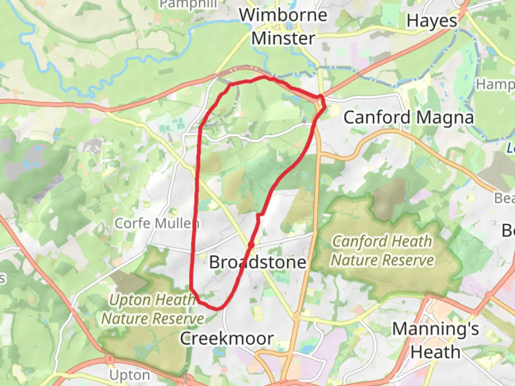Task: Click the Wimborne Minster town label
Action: click(283, 26)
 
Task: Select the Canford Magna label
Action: click(408, 117)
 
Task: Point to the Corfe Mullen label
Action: click(157, 223)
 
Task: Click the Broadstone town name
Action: click(257, 262)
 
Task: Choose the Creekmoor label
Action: click(227, 338)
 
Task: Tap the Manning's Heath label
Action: click(435, 340)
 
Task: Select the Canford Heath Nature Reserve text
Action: click(382, 251)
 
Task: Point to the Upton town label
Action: click(129, 375)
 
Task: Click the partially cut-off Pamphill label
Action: click(188, 4)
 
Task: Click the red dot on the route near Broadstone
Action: click(251, 245)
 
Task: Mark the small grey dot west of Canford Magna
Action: click(304, 122)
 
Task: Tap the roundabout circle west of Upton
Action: click(110, 358)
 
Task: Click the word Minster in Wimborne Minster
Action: click(283, 38)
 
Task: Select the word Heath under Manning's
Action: click(435, 352)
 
